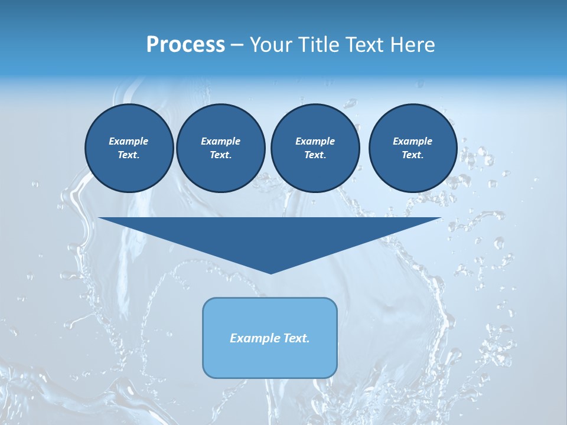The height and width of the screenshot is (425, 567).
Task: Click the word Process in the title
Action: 185,45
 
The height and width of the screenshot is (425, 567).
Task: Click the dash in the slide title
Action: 237,45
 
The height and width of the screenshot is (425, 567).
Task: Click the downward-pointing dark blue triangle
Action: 270,236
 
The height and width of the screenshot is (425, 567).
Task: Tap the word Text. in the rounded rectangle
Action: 296,338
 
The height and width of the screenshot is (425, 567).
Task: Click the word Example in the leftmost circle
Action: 129,141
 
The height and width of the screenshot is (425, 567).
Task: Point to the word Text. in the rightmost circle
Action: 412,155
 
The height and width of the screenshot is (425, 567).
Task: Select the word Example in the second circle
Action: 220,141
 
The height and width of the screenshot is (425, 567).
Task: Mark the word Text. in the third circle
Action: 315,155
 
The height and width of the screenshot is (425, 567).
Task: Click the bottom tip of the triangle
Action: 271,272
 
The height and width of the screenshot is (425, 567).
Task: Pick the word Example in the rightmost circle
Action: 412,141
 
